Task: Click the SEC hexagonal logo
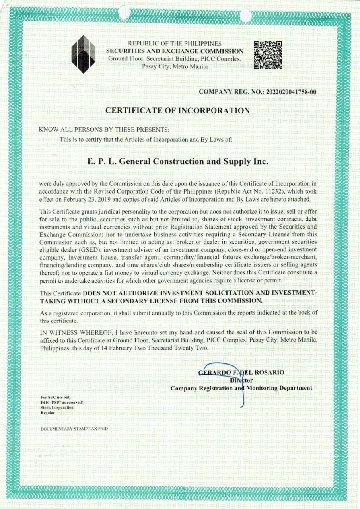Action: pos(83,54)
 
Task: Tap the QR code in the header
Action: pos(267,55)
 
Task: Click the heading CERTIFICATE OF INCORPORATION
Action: pos(177,111)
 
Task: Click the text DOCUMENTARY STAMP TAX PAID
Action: pos(74,429)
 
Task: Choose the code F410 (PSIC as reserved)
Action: pos(62,402)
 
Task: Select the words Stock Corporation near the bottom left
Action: pos(57,408)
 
